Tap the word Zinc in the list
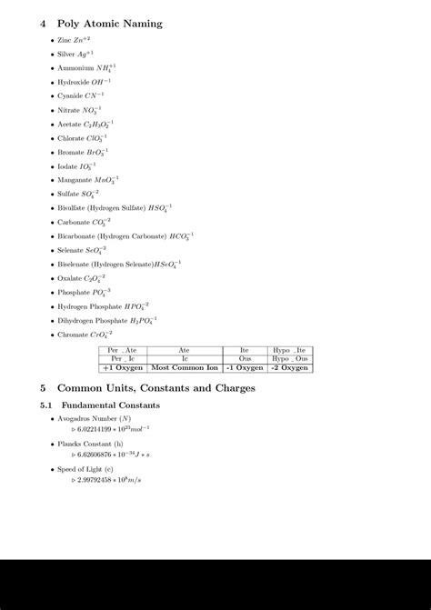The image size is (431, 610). (x=64, y=41)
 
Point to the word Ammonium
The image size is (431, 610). (x=75, y=68)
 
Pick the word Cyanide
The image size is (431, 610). (x=70, y=95)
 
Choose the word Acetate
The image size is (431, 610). (x=69, y=124)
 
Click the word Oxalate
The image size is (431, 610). (x=70, y=278)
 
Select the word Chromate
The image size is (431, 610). (x=73, y=335)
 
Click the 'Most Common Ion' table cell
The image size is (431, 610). (x=185, y=368)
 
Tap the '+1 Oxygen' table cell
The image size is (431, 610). (x=123, y=368)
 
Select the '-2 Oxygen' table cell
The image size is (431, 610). (x=290, y=368)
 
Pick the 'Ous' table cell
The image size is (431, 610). (x=245, y=359)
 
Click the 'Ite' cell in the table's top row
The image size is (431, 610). (x=245, y=350)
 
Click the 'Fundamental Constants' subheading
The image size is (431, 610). (x=109, y=405)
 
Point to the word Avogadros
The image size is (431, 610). (x=79, y=418)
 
